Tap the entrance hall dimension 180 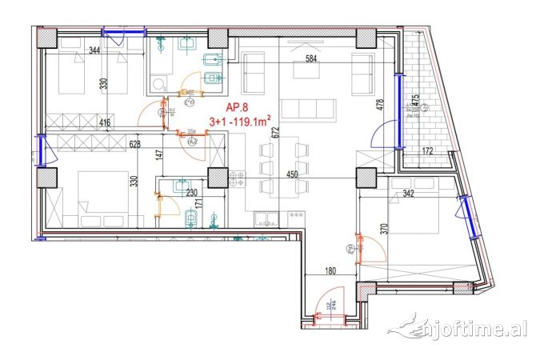330,271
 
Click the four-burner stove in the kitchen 237,178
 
